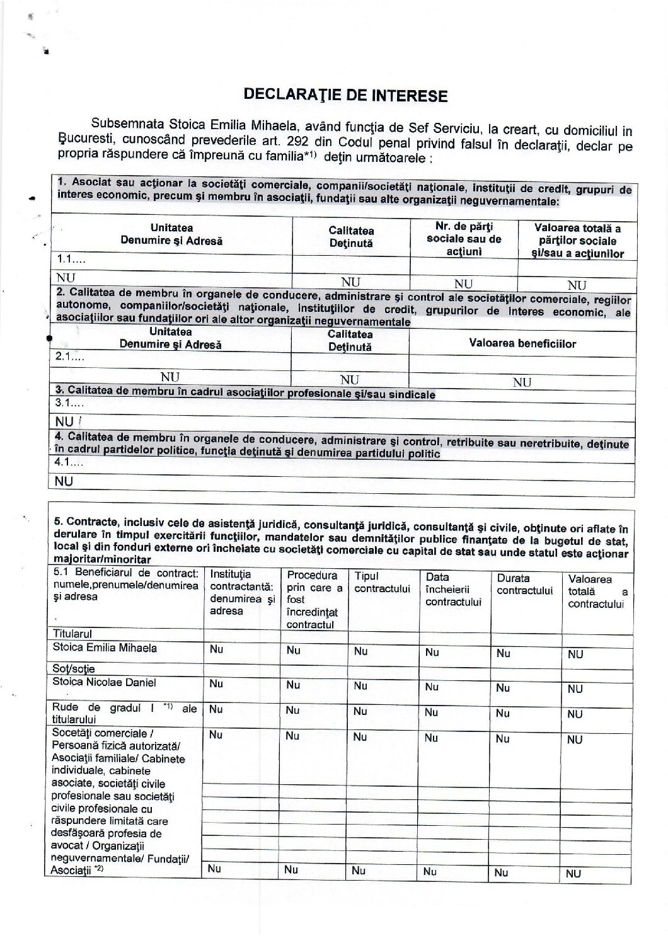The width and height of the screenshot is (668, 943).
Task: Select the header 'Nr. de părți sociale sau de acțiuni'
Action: point(464,238)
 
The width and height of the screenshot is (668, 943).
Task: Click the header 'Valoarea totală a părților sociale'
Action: point(577,241)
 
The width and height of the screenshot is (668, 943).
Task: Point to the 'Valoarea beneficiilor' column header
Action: point(522,343)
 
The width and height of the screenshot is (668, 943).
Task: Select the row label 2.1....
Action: point(69,357)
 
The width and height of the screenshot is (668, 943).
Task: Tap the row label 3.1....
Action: point(69,403)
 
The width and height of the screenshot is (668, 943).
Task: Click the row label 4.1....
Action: point(69,462)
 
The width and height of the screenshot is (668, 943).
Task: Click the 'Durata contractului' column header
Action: point(524,584)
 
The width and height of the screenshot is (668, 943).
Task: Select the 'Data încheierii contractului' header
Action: point(453,589)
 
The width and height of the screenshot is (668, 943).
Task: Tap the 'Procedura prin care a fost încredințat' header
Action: point(314,599)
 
